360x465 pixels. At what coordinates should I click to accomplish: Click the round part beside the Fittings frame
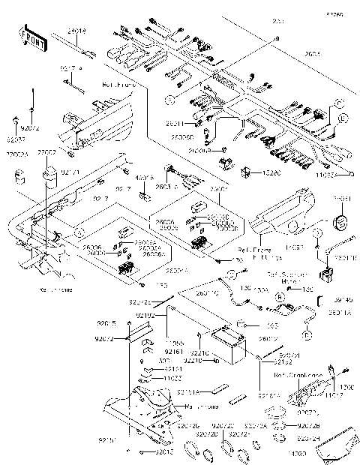click(x=342, y=223)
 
